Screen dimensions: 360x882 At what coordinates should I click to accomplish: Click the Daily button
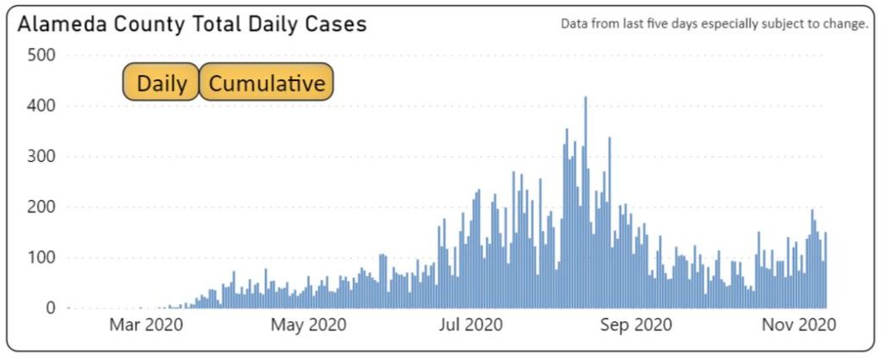click(x=161, y=83)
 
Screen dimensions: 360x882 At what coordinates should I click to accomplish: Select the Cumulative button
click(x=267, y=83)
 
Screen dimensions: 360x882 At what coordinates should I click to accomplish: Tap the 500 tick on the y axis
click(x=38, y=56)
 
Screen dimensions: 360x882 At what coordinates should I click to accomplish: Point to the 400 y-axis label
click(x=38, y=107)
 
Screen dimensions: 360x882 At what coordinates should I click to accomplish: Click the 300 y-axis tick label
click(x=38, y=157)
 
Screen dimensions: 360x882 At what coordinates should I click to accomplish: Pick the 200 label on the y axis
click(x=38, y=208)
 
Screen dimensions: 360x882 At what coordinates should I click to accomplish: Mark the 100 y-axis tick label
click(x=38, y=258)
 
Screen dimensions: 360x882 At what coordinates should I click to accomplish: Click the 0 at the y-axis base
click(x=50, y=308)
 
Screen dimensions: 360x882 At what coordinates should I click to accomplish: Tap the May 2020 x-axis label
click(x=308, y=326)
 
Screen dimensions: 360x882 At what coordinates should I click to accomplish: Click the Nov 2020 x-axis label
click(x=801, y=326)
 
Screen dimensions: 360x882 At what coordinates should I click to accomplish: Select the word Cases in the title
click(x=338, y=25)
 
